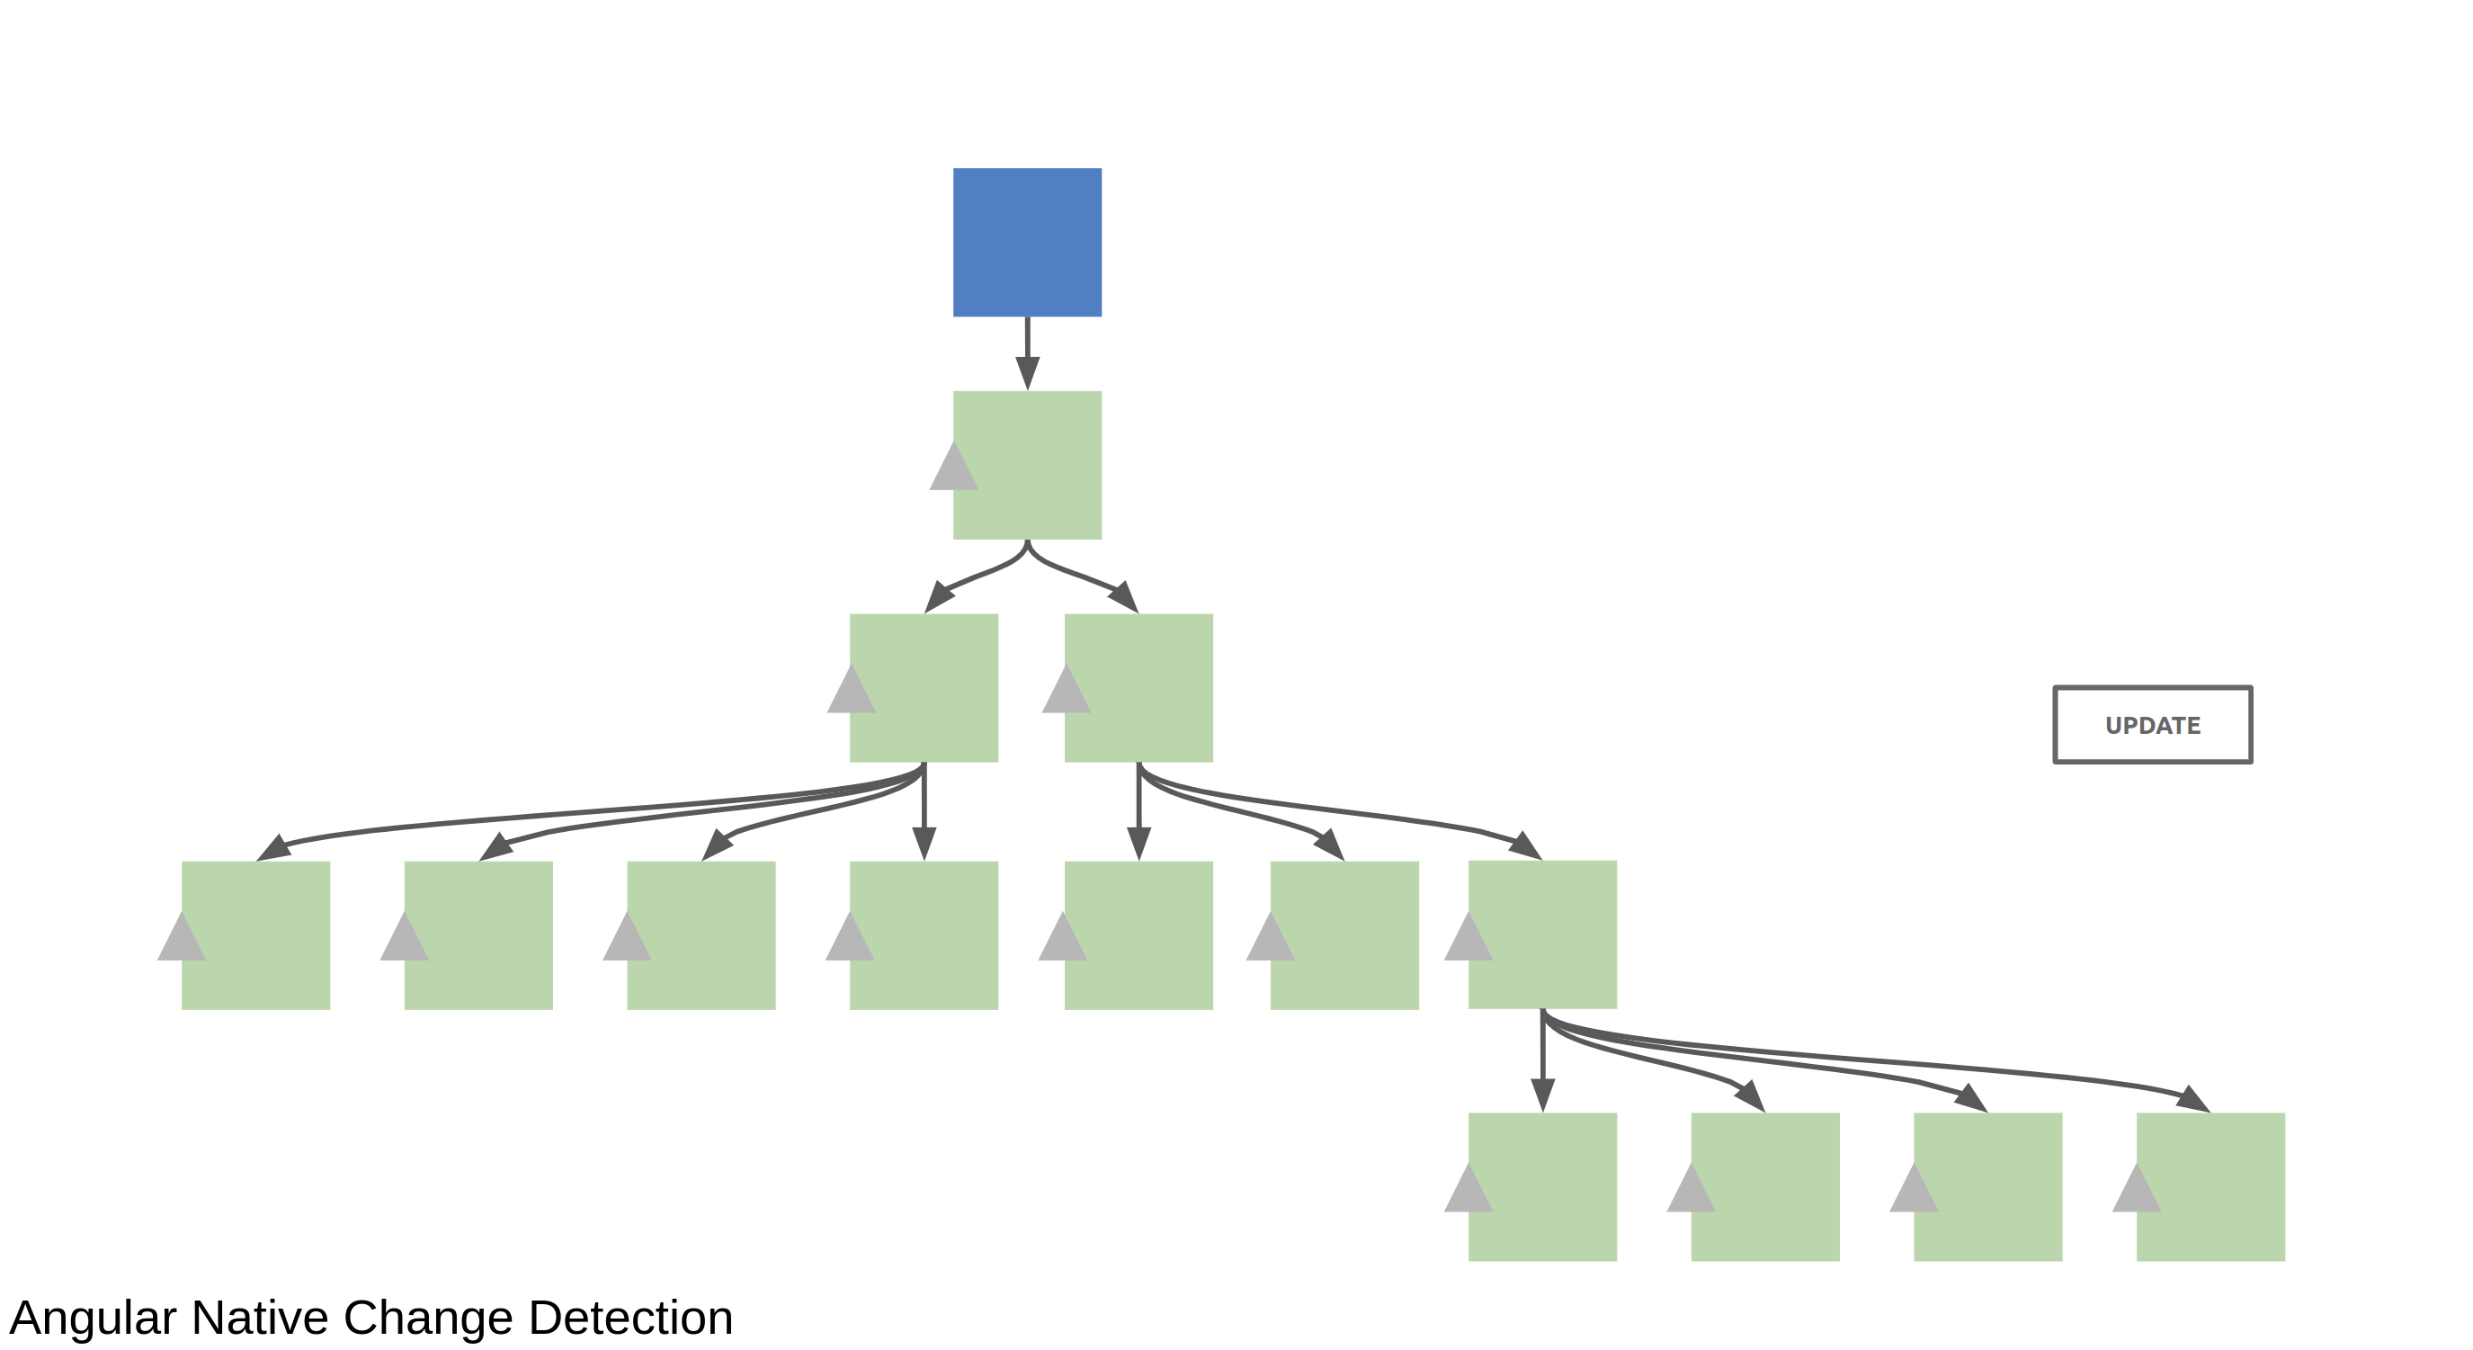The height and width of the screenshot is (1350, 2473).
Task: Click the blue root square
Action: (x=1027, y=242)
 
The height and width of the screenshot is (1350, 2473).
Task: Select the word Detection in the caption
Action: (x=630, y=1318)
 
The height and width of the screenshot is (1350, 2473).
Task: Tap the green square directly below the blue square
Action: (x=1027, y=465)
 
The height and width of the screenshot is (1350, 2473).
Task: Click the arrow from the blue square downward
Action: (x=1027, y=353)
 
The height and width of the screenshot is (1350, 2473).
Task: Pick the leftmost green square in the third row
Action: (x=255, y=935)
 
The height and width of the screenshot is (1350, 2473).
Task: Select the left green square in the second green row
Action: (x=924, y=687)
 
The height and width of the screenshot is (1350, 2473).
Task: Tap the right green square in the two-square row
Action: (x=1138, y=687)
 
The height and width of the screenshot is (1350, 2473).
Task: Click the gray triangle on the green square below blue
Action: (x=953, y=468)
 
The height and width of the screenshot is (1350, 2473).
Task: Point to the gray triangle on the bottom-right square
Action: (x=2136, y=1190)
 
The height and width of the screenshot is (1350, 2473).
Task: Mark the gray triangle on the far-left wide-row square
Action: (x=182, y=938)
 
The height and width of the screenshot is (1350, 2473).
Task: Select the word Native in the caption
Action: (x=260, y=1318)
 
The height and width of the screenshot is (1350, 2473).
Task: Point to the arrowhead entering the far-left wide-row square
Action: (x=274, y=847)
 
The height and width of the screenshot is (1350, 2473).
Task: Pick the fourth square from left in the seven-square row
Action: (x=924, y=935)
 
